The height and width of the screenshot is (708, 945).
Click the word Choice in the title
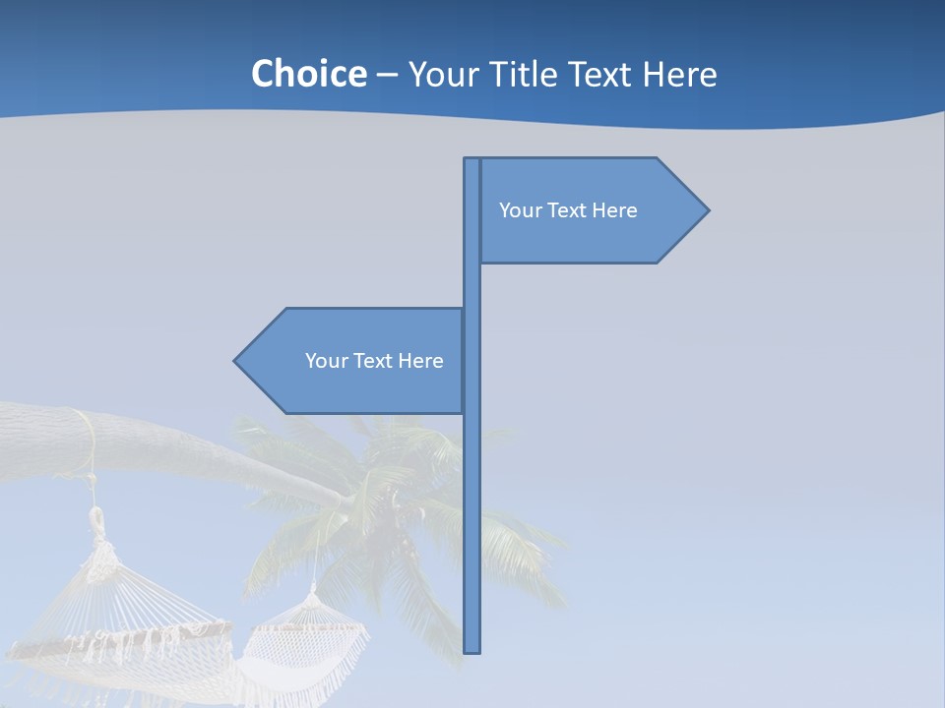[308, 74]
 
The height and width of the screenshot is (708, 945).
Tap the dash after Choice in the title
[387, 75]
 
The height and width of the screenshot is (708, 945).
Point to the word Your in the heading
[441, 74]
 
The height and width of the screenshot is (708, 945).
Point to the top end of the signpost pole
[472, 161]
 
